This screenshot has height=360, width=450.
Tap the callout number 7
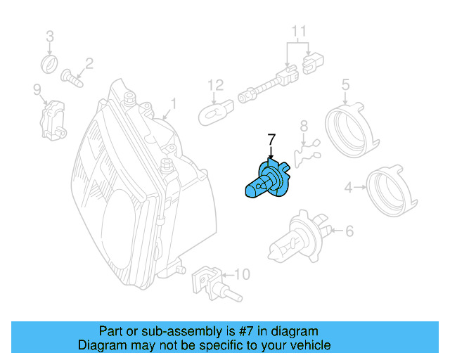pyautogui.click(x=271, y=139)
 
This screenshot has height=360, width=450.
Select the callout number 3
pyautogui.click(x=49, y=36)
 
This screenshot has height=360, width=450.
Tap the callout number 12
pyautogui.click(x=214, y=86)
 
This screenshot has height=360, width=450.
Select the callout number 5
pyautogui.click(x=345, y=85)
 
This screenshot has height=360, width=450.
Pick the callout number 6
pyautogui.click(x=349, y=230)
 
